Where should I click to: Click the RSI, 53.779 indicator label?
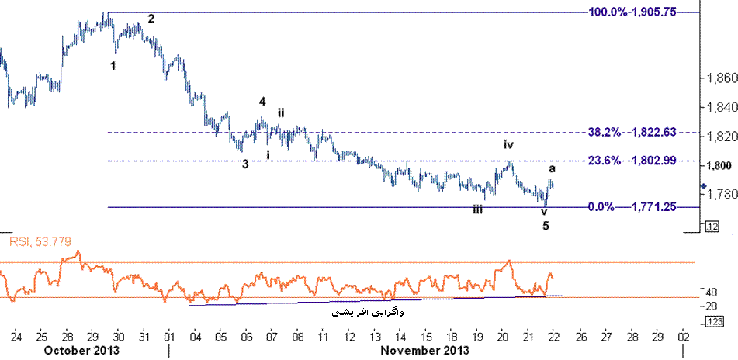[x=40, y=242]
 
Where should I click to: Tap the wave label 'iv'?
[x=508, y=144]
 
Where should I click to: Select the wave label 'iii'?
[x=479, y=209]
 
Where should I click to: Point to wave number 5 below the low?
[x=546, y=226]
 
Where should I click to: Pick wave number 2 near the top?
[x=151, y=19]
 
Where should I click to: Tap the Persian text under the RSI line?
[x=368, y=313]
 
